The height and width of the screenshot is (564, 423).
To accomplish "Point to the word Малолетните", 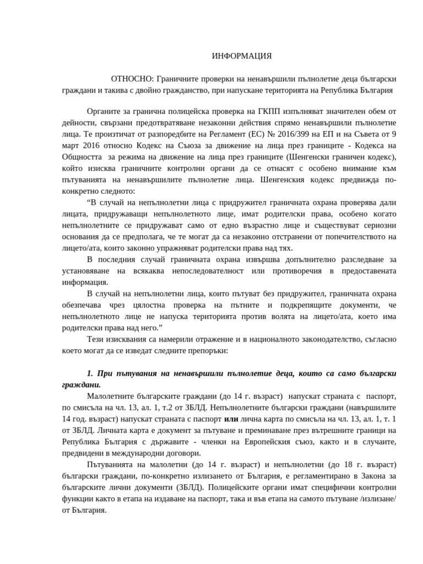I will (x=110, y=397).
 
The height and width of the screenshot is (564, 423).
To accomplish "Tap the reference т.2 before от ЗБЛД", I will (x=162, y=408).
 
